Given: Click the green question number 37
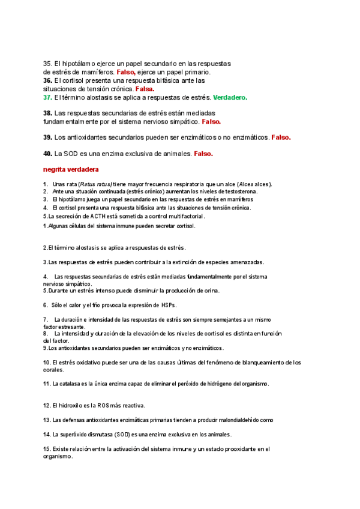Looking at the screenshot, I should [47, 97].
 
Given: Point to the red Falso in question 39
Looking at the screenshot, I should [281, 137].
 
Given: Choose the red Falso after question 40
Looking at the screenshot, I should [203, 154].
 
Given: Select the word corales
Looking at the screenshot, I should [53, 370].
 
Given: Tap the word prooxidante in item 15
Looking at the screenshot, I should [226, 448].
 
